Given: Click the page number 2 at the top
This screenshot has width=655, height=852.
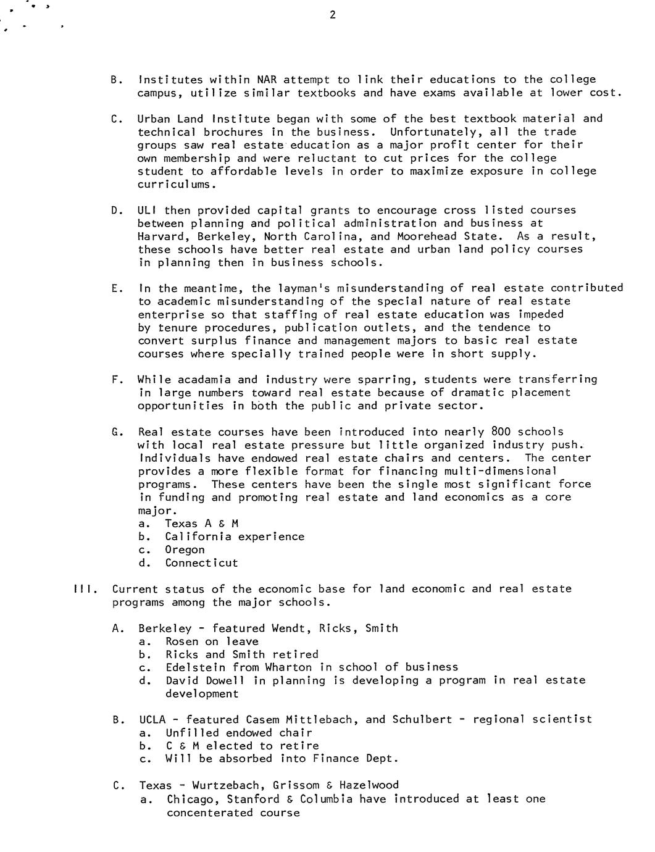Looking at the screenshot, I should [x=333, y=15].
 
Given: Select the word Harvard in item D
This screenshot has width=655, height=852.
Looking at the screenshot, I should [x=161, y=236].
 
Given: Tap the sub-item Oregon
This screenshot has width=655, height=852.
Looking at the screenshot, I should [x=185, y=549].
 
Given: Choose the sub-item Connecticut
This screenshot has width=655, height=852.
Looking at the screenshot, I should [x=201, y=563].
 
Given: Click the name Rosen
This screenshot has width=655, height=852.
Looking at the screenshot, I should [x=181, y=641].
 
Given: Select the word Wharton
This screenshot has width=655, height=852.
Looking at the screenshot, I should [x=288, y=667].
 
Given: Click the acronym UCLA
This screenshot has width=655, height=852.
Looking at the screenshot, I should [x=154, y=720].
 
